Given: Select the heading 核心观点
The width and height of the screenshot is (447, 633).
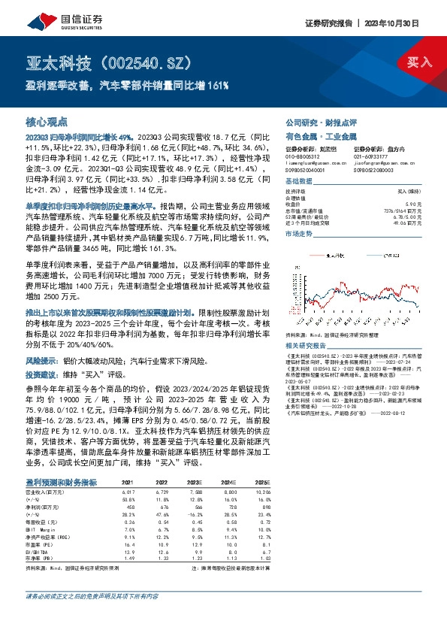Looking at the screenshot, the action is [x=47, y=121].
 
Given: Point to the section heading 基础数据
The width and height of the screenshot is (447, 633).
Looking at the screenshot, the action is [x=301, y=183].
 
